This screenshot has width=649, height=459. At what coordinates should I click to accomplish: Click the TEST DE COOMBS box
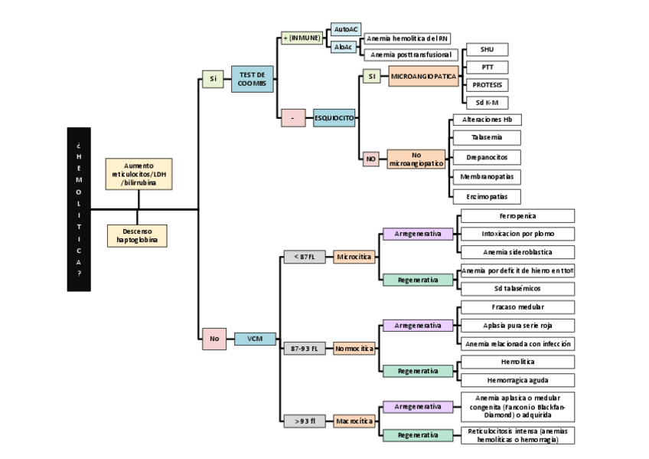coord(252,79)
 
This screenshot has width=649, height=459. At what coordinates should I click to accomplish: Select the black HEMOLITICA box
coord(79,209)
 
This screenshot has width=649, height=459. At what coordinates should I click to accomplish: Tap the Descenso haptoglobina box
coord(138,235)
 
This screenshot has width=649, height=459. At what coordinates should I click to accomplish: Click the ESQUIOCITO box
coord(334,118)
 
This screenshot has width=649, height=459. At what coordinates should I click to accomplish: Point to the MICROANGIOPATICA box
coord(423,77)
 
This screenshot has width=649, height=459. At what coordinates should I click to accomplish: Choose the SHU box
coord(487,50)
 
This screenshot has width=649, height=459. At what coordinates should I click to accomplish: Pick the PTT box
coord(487,67)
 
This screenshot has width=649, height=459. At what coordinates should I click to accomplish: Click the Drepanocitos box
coord(487,157)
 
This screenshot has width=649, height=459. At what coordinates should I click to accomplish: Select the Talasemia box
coord(487,138)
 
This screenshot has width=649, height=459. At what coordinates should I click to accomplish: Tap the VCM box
coord(255,339)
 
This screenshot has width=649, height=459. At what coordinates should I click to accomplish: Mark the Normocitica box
coord(354,349)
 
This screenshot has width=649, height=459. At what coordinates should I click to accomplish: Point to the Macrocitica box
coord(354,421)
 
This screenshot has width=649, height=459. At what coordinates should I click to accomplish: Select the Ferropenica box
coord(517,216)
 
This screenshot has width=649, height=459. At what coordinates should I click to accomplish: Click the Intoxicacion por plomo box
coord(517,234)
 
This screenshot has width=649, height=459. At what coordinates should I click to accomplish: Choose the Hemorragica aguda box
coord(517,379)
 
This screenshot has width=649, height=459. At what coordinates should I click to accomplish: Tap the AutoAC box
coord(346,29)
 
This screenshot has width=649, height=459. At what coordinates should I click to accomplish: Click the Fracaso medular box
coord(517,307)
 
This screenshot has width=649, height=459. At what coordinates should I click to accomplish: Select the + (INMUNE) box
coord(302,38)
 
